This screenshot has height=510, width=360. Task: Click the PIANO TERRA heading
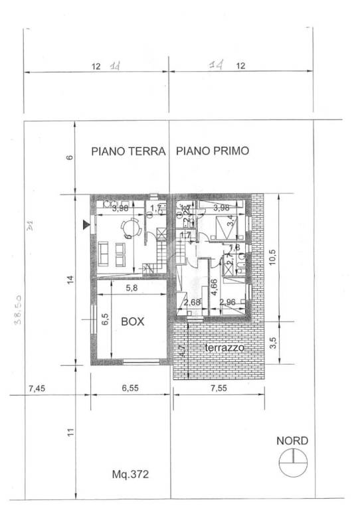point(128,151)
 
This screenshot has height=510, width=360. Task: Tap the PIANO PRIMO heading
point(212,151)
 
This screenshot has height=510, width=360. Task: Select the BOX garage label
point(133,321)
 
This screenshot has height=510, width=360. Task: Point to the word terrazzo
point(225,348)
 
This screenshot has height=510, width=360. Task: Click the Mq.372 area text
point(131,474)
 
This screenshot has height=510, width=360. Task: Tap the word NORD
point(292,440)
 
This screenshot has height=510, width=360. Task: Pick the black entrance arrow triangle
point(85,225)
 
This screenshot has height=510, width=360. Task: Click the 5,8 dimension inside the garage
point(132,288)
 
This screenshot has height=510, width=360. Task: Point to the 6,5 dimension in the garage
point(104,319)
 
